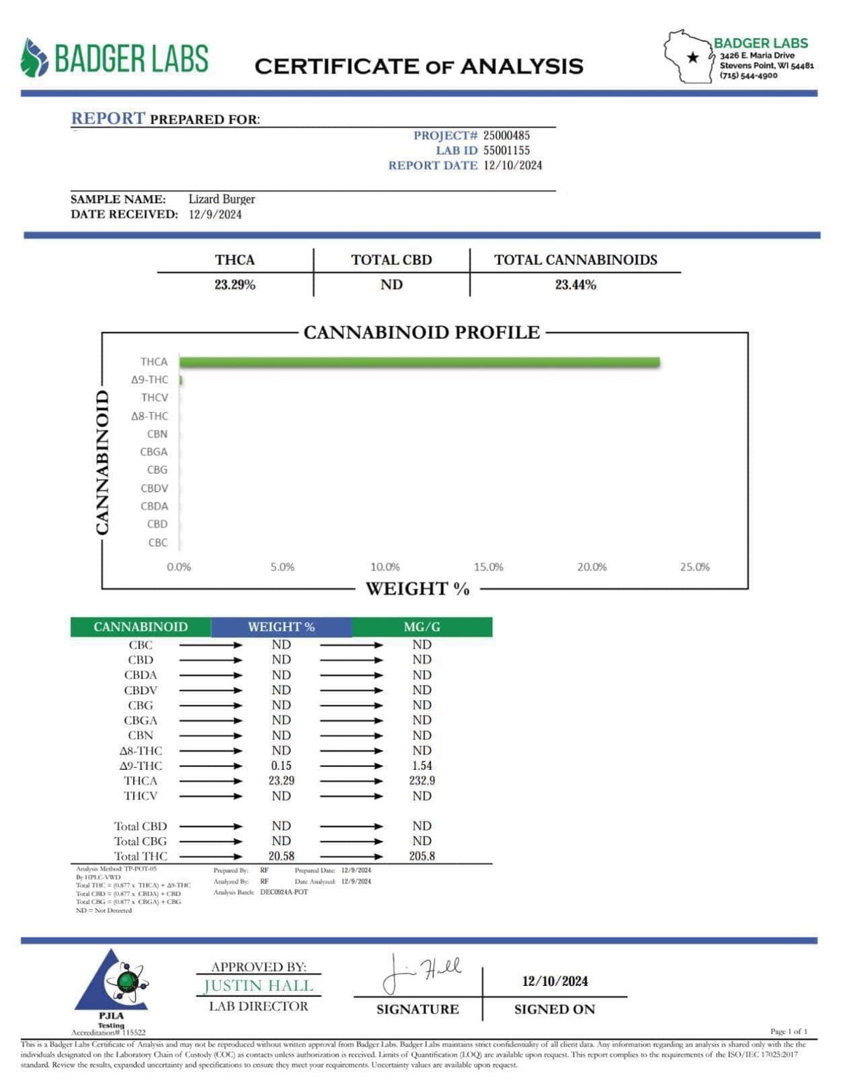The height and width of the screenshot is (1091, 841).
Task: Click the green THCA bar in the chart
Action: (x=419, y=362)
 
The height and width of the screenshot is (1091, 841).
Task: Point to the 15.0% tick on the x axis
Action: (x=488, y=567)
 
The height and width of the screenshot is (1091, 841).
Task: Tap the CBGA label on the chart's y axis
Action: (x=154, y=452)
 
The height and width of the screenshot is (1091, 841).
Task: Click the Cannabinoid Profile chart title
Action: (x=422, y=332)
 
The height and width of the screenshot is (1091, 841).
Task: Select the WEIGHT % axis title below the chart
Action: (x=418, y=589)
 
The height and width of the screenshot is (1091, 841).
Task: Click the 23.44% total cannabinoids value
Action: (x=575, y=285)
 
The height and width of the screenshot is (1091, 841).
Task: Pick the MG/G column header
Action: (x=422, y=627)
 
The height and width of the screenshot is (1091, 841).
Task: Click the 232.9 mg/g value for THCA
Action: (x=422, y=780)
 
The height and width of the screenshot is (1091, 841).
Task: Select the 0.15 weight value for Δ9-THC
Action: (x=281, y=766)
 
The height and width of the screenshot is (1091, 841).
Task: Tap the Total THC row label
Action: (x=141, y=856)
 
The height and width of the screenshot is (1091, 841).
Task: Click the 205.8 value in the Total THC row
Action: (x=422, y=856)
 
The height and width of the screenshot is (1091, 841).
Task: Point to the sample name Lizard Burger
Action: (x=221, y=199)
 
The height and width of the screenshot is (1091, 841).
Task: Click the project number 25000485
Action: (x=507, y=135)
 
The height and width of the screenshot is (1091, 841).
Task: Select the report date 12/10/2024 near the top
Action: (x=513, y=165)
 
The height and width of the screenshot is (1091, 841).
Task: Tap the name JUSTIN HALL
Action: (x=259, y=986)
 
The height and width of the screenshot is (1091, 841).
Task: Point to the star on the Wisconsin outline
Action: (x=693, y=57)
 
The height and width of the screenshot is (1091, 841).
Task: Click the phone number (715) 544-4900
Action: (x=748, y=76)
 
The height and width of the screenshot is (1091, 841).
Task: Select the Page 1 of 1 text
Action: (x=788, y=1031)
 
